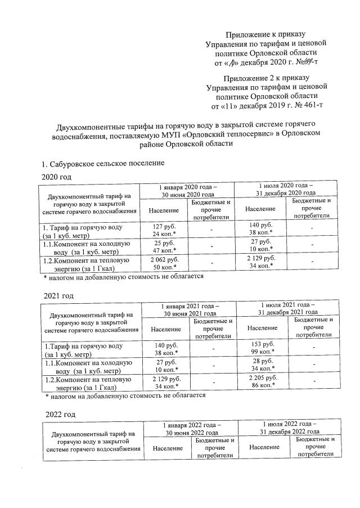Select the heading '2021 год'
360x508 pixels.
coord(59,295)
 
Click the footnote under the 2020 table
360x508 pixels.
coord(123,277)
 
